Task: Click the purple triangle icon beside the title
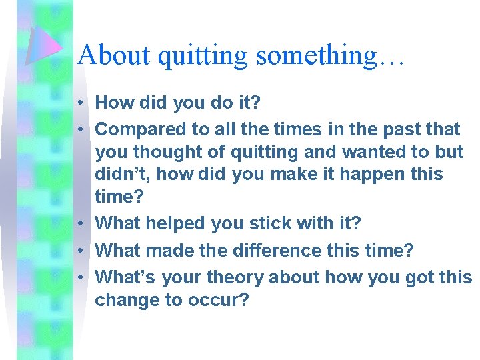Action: coord(43,47)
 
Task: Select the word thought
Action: coord(174,153)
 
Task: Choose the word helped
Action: coord(175,224)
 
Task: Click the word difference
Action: coord(272,251)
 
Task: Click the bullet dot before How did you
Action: coord(79,103)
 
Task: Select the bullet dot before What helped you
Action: coord(79,224)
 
